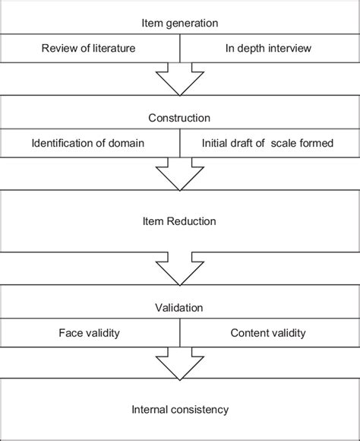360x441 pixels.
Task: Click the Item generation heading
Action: pyautogui.click(x=180, y=23)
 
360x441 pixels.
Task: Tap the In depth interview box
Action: pyautogui.click(x=270, y=49)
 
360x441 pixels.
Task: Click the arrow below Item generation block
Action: pyautogui.click(x=180, y=78)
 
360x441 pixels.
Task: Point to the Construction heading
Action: pyautogui.click(x=180, y=118)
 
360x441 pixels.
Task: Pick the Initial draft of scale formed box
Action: pyautogui.click(x=270, y=142)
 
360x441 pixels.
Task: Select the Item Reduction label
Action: pyautogui.click(x=180, y=221)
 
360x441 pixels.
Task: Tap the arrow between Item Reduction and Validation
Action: pyautogui.click(x=180, y=268)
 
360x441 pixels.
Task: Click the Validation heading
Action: pyautogui.click(x=180, y=309)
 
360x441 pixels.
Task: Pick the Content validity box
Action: pyautogui.click(x=270, y=332)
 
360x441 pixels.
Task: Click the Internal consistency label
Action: pyautogui.click(x=180, y=411)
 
